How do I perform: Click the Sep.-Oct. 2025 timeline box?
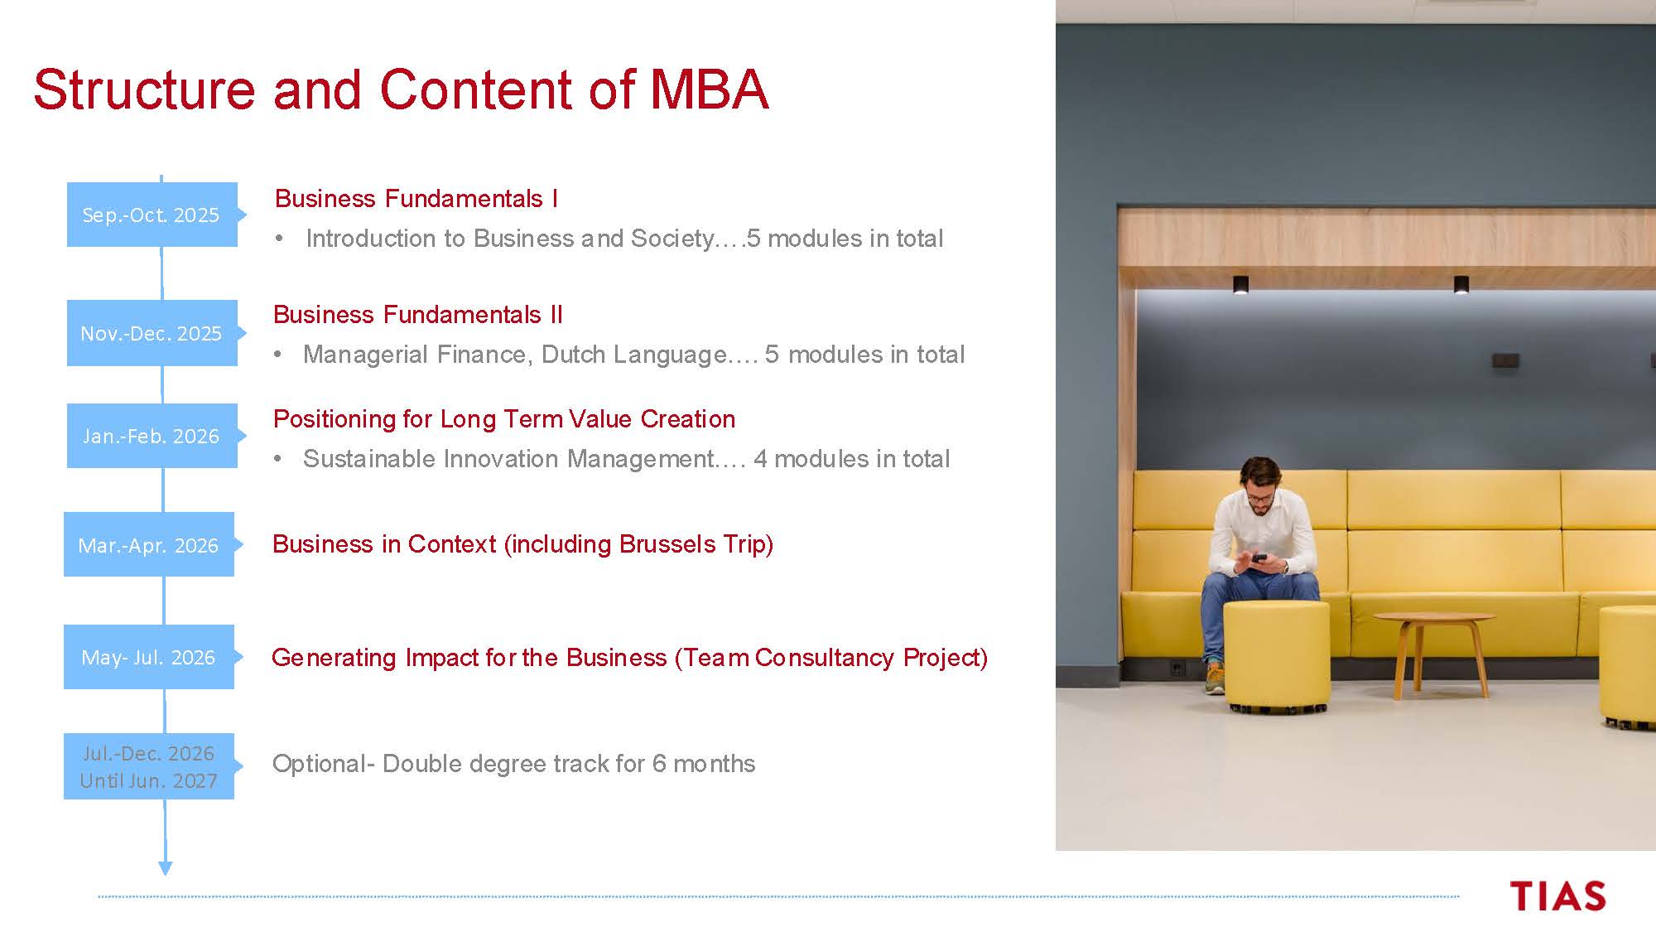click(152, 215)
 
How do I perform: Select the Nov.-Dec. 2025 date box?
click(152, 333)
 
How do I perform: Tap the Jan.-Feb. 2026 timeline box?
click(152, 436)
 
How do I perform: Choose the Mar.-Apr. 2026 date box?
click(149, 544)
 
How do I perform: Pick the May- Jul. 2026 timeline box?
click(149, 657)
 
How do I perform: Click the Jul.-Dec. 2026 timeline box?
click(149, 766)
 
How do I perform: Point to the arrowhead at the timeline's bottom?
click(166, 867)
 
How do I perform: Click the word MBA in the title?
click(710, 89)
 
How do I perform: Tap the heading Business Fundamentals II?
click(418, 315)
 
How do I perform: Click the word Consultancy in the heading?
click(825, 657)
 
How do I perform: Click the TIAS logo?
click(1558, 896)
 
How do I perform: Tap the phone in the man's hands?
click(1259, 558)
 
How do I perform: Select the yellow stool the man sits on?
click(1276, 656)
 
